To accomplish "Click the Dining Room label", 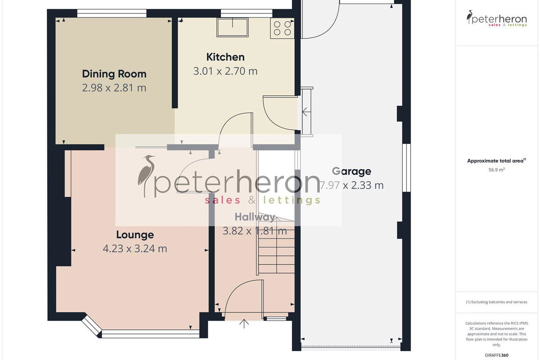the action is [x=114, y=74].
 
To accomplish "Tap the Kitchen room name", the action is [x=225, y=57].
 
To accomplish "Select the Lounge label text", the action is [x=135, y=234].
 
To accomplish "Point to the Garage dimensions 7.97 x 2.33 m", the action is [x=351, y=185].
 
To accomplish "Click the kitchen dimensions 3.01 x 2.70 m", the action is [x=225, y=71].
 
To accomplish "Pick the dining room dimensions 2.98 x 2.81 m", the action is [x=114, y=88].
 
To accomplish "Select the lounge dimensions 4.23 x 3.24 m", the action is [x=135, y=248].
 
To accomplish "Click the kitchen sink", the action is [x=232, y=27].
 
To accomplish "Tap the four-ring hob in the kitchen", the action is [x=282, y=28].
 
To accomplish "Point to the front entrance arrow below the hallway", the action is [x=244, y=324].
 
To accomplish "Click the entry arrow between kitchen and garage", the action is [x=305, y=112].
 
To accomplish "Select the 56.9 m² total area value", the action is [x=497, y=170].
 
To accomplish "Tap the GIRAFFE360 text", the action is [x=497, y=355].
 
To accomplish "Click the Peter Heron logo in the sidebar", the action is [x=497, y=18].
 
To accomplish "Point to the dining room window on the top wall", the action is [x=112, y=13].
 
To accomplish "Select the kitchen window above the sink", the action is [x=247, y=13].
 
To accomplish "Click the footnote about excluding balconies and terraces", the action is [x=497, y=302].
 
